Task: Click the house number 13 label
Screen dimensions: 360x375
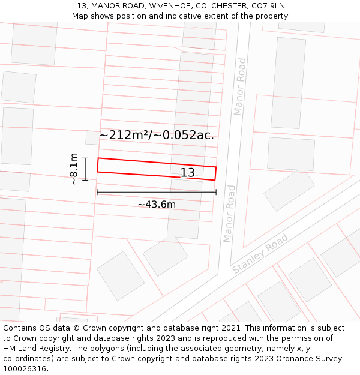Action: (x=188, y=173)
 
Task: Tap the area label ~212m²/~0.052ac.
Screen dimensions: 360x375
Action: (x=157, y=135)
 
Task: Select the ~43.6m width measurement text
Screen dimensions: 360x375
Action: (x=157, y=205)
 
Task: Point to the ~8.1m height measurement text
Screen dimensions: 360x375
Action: (x=73, y=169)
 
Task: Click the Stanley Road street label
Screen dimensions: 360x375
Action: (x=260, y=254)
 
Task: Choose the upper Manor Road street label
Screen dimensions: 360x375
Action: (x=240, y=86)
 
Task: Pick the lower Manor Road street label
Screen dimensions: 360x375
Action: (x=229, y=214)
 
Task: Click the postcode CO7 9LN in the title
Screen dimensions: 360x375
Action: (x=268, y=6)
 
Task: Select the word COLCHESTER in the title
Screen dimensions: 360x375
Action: (x=212, y=6)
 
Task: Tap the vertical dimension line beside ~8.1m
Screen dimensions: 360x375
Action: (x=85, y=169)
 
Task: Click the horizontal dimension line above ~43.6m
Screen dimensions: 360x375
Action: (x=157, y=193)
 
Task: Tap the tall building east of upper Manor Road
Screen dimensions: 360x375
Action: (x=289, y=83)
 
